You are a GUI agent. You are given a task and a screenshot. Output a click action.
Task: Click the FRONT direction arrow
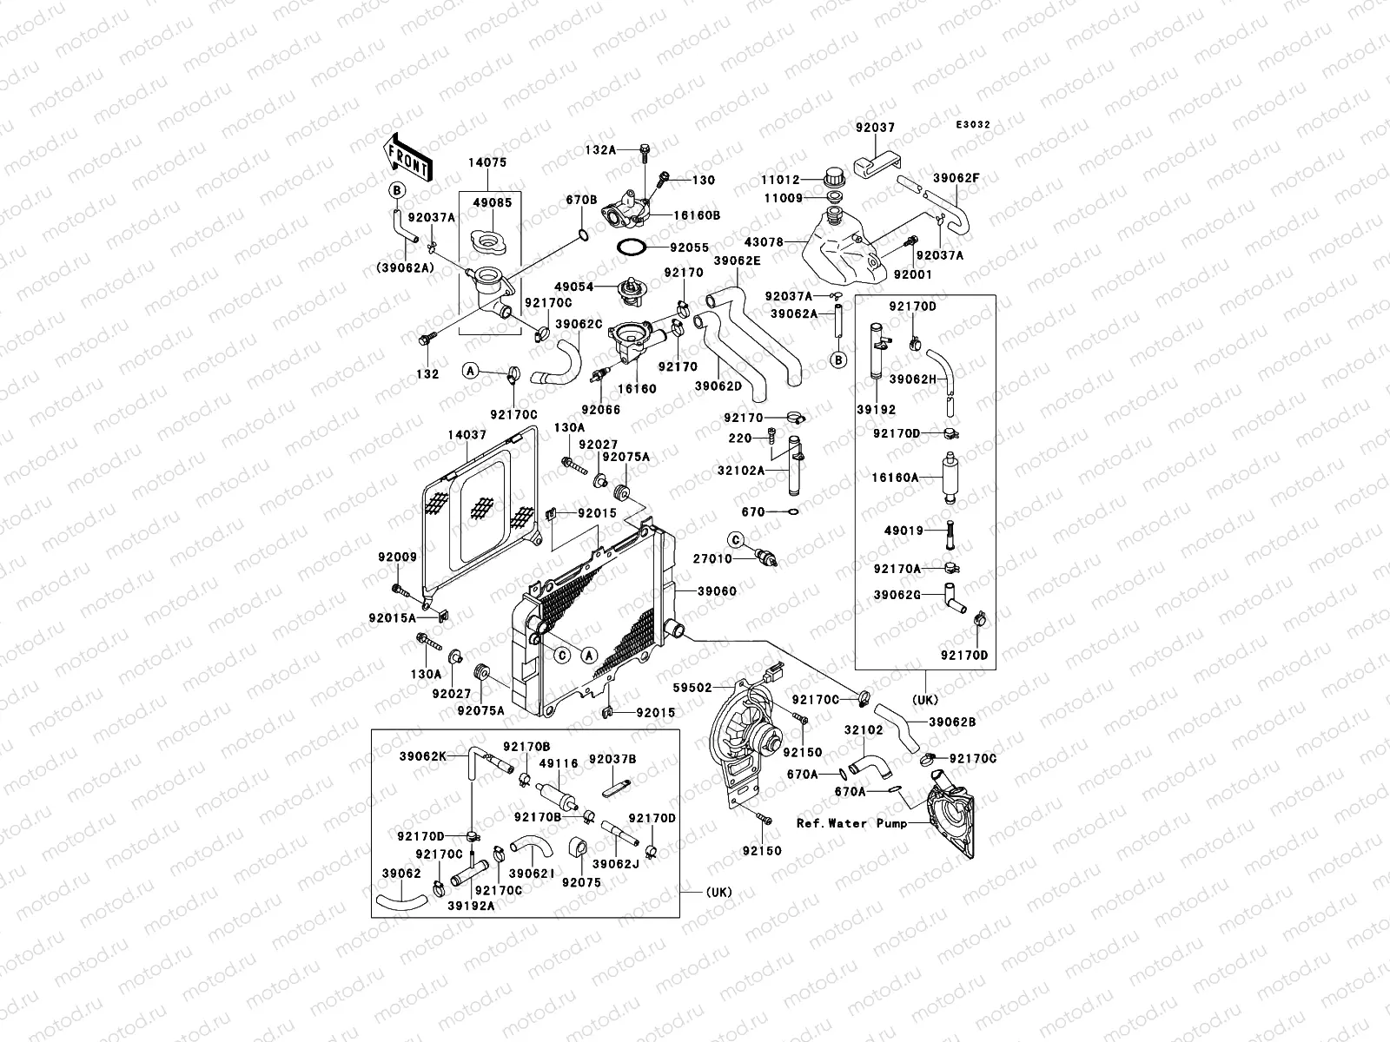(x=407, y=156)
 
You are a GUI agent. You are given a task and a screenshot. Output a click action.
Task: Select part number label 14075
(x=488, y=162)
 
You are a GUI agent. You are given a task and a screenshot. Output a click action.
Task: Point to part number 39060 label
(x=718, y=591)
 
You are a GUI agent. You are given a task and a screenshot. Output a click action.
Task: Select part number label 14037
(x=467, y=434)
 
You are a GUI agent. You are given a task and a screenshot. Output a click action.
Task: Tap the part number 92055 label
(x=669, y=247)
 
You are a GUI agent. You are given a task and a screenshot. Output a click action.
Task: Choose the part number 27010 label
(x=712, y=559)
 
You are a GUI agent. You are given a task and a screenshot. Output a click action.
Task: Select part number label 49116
(x=559, y=763)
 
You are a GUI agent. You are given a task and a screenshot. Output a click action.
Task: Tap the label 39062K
(x=422, y=756)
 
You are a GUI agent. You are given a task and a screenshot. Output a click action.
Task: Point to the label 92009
(x=397, y=557)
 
